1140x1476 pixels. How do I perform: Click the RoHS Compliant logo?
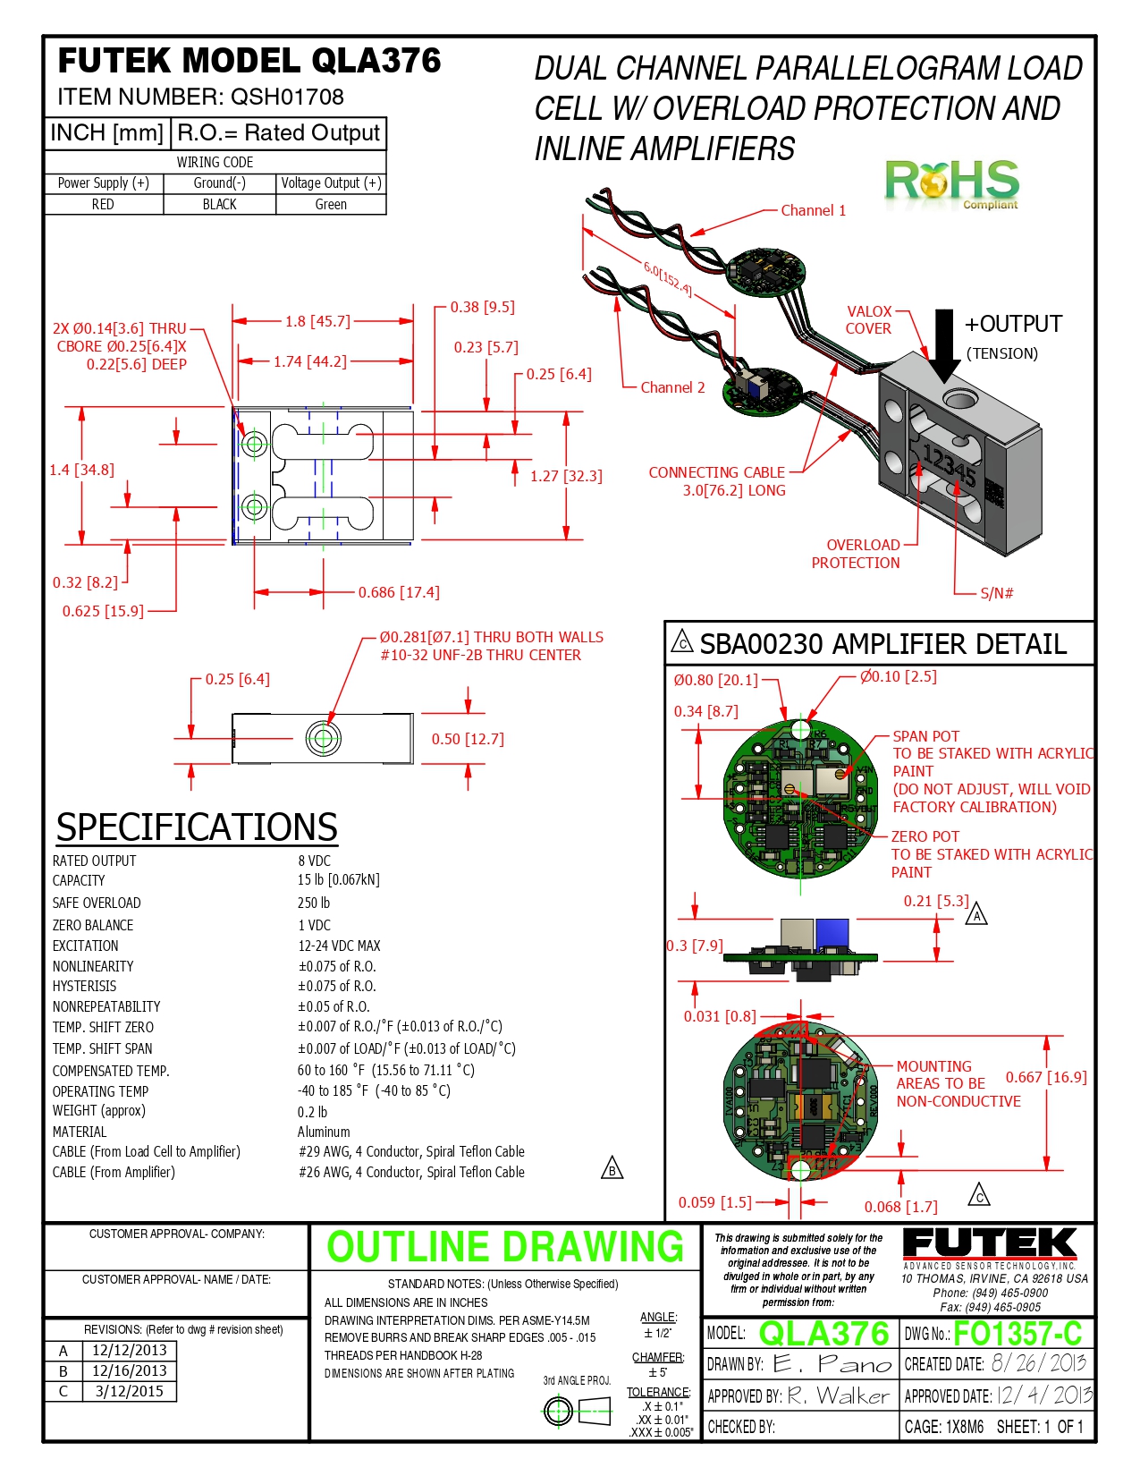(951, 182)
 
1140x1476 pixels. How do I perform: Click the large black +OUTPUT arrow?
(944, 345)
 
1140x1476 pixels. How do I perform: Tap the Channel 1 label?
(813, 210)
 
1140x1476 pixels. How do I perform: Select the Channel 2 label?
(672, 387)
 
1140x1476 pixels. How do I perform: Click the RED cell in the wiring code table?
(103, 204)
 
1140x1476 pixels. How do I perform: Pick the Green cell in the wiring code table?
(331, 204)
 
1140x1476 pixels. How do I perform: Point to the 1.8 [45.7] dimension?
(317, 321)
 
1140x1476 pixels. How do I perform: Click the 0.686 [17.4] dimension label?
(399, 592)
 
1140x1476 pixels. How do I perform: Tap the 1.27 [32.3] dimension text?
(566, 476)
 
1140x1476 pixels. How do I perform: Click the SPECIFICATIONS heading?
(197, 827)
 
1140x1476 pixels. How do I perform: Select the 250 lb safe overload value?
(314, 903)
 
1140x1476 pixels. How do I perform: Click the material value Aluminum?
(324, 1132)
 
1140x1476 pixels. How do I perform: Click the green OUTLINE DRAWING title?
(505, 1247)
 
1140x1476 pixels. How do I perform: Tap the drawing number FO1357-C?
(1018, 1334)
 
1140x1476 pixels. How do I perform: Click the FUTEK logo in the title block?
(989, 1244)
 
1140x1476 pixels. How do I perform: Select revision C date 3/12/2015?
(129, 1391)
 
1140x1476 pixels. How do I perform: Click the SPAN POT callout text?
(925, 736)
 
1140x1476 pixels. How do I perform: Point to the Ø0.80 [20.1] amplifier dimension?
(715, 680)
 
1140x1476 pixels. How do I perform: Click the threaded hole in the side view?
(323, 739)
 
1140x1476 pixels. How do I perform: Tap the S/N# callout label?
(996, 593)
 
